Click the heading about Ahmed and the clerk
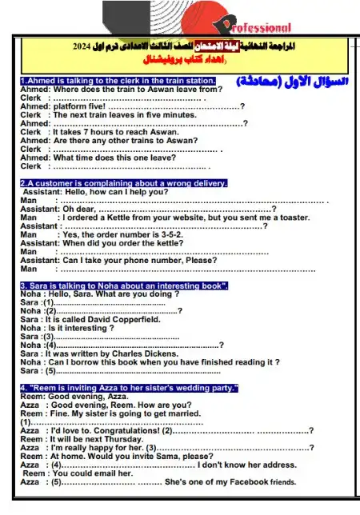coord(118,81)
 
